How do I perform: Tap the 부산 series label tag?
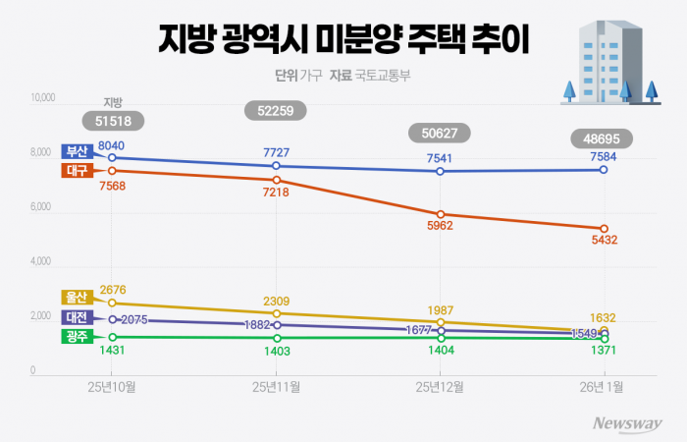point(77,151)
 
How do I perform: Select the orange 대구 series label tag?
point(77,170)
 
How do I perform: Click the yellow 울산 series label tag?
point(77,298)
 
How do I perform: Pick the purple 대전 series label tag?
point(77,318)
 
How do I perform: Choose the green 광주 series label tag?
point(77,337)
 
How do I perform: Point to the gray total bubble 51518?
point(113,121)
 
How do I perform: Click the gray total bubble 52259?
point(276,111)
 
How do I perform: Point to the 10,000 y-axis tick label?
point(47,98)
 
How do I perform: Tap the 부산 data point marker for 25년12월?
point(441,171)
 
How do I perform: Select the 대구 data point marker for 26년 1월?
point(604,229)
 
